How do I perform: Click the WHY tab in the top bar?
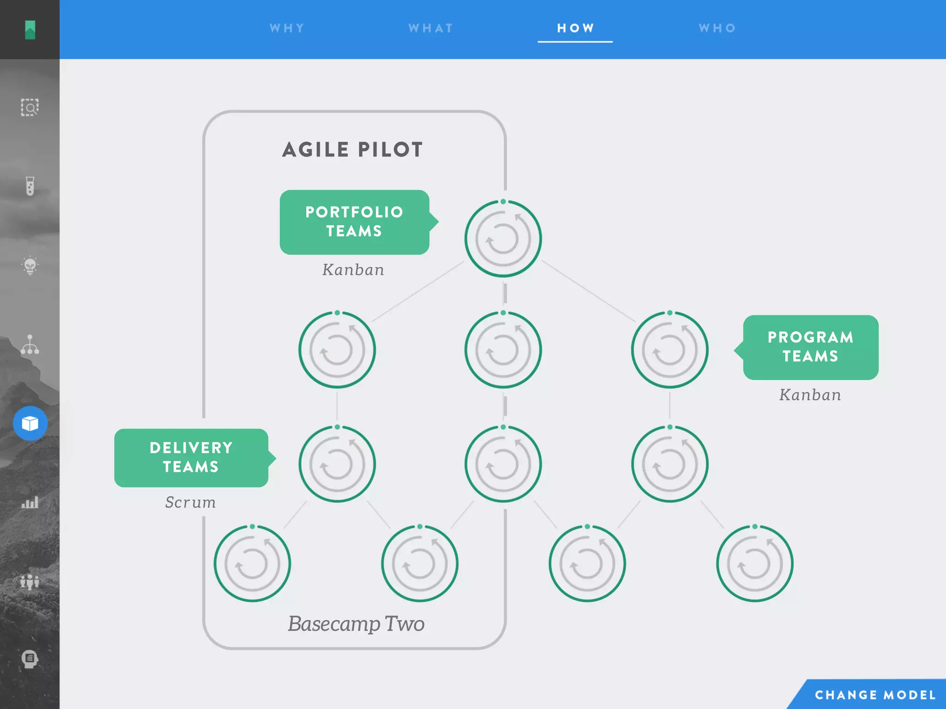287,28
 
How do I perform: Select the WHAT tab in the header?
431,28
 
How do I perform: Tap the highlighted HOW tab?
575,28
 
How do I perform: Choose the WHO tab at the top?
717,28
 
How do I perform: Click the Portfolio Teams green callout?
354,222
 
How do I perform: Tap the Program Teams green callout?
811,347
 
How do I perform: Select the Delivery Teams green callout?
191,457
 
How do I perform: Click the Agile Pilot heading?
353,150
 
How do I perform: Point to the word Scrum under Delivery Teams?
190,502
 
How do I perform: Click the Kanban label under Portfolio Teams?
353,270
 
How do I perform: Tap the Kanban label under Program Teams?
810,395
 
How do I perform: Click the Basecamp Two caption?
356,624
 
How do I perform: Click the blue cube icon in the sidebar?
30,423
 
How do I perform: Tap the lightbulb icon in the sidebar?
30,265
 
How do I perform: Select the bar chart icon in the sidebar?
30,502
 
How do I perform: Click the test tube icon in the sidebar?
30,186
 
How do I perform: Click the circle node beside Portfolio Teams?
503,239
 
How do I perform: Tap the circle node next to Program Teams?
670,350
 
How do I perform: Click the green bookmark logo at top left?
30,30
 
